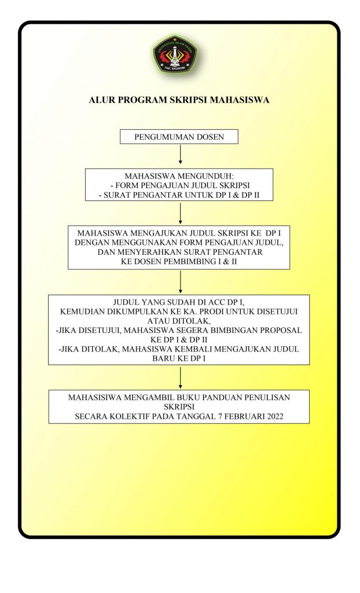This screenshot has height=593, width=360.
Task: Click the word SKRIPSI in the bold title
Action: pos(188,100)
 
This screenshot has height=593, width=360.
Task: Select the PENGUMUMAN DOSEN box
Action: pos(179,137)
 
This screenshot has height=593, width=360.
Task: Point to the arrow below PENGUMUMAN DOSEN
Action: pos(181,154)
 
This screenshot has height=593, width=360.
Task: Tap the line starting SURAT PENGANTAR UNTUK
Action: pos(182,195)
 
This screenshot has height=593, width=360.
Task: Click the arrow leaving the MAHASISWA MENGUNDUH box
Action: pos(181,213)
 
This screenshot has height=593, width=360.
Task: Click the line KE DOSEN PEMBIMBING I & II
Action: pos(179,261)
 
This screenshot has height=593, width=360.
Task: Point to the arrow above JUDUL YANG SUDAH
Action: pos(181,281)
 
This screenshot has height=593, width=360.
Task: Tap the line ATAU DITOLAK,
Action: pos(179,321)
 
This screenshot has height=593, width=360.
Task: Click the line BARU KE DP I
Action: pos(179,358)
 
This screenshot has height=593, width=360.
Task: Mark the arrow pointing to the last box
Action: pos(181,378)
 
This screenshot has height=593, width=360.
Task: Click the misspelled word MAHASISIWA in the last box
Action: pos(94,397)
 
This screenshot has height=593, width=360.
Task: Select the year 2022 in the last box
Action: pos(275,416)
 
